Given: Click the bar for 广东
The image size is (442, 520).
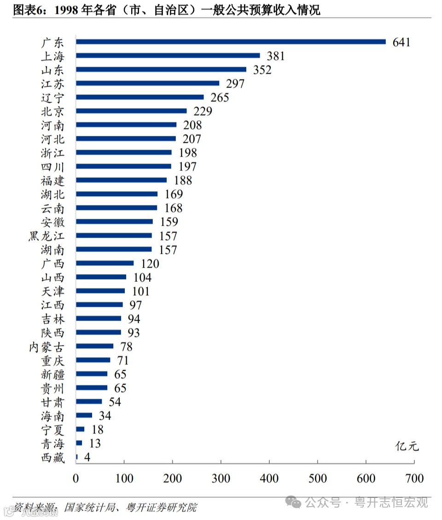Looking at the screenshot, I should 230,42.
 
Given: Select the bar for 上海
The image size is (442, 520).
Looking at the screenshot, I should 168,56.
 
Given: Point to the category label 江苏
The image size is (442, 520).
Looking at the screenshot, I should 52,84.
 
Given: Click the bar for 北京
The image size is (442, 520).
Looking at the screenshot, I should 131,111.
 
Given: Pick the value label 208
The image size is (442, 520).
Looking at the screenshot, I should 192,125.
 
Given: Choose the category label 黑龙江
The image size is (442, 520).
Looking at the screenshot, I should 47,236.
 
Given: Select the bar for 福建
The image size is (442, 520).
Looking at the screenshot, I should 121,180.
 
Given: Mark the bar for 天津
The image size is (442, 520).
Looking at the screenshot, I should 100,291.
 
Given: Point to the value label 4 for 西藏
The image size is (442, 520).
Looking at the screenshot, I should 87,458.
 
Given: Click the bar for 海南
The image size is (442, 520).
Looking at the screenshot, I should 84,415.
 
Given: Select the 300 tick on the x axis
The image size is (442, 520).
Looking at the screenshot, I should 221,479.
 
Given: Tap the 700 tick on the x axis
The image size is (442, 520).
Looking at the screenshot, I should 414,479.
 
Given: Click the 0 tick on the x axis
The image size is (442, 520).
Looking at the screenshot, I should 76,479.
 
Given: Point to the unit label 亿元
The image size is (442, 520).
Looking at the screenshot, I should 407,446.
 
